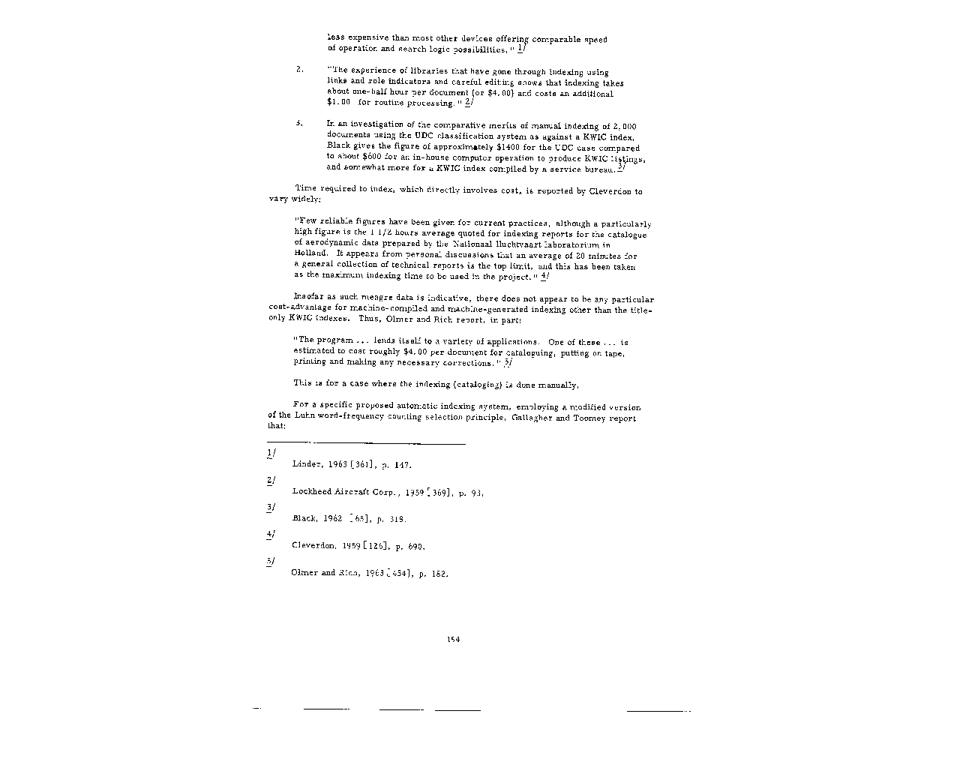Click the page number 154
click(452, 639)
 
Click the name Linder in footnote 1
click(306, 465)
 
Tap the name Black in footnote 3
click(304, 519)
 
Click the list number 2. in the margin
click(299, 70)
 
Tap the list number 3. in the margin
click(299, 123)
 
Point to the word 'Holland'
click(309, 254)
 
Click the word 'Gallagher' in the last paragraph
click(532, 418)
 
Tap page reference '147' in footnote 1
click(402, 465)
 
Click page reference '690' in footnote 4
click(415, 547)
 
